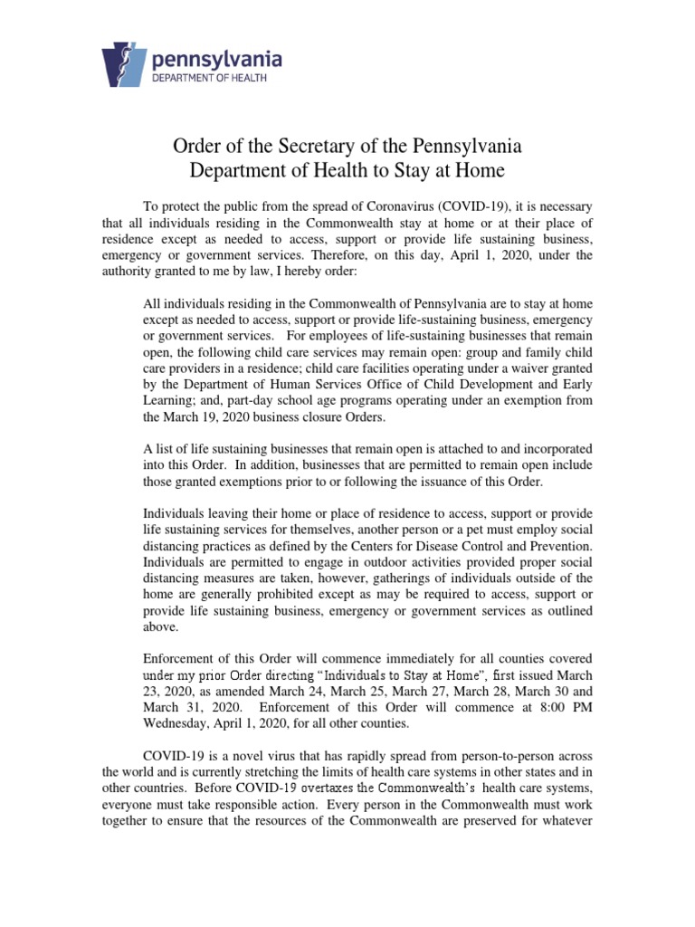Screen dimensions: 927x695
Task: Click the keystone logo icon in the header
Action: point(129,64)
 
